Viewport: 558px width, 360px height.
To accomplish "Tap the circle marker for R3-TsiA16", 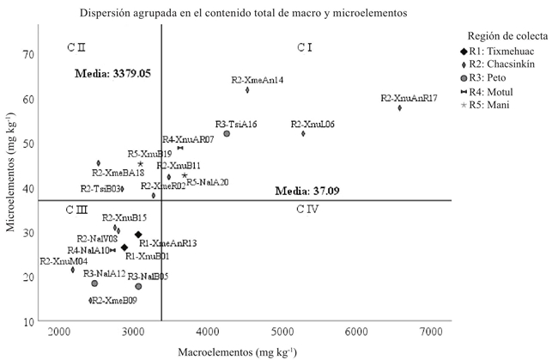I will [227, 133].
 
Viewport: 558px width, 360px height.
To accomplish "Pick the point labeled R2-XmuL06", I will [303, 133].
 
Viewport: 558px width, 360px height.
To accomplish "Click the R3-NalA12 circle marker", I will [94, 283].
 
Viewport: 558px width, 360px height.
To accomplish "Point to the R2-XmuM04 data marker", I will [73, 270].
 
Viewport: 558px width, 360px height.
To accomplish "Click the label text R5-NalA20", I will [208, 182].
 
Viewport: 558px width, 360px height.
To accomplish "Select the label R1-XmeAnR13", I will [167, 243].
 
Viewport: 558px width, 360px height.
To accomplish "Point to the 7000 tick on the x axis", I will [434, 332].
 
